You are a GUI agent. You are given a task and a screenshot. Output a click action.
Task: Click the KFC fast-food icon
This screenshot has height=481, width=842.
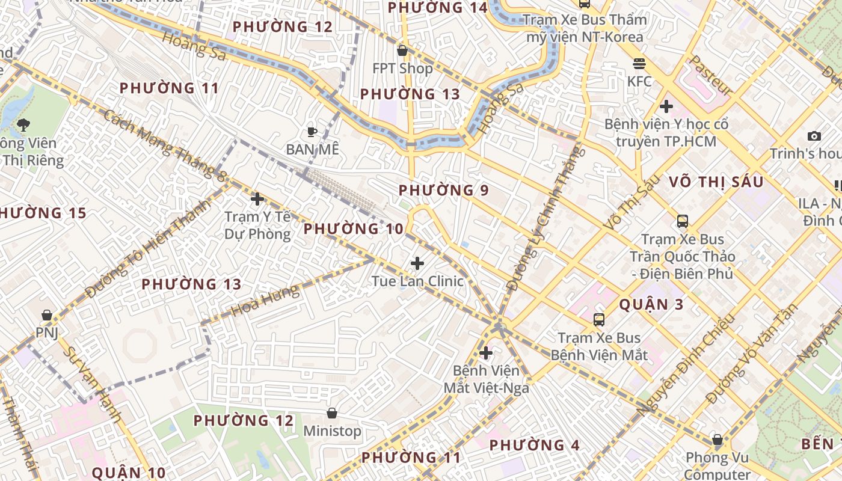(x=639, y=63)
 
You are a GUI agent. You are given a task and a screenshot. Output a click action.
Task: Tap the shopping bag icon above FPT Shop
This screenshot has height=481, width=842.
(x=402, y=51)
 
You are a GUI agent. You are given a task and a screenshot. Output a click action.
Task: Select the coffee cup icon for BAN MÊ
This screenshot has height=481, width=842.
(x=312, y=131)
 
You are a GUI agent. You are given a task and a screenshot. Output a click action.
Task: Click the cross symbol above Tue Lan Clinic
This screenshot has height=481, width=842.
(x=417, y=263)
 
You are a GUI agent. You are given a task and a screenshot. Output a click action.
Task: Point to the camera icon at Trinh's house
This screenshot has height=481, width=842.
(x=814, y=136)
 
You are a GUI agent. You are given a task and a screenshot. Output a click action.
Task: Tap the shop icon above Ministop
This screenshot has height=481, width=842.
(x=331, y=413)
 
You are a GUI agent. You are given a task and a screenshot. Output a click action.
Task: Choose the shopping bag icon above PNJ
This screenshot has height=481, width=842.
(x=46, y=315)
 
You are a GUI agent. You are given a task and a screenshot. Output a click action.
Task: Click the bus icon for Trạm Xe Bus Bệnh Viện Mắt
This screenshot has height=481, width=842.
(x=599, y=320)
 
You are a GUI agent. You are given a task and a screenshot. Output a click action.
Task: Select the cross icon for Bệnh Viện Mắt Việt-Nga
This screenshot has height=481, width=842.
(x=486, y=352)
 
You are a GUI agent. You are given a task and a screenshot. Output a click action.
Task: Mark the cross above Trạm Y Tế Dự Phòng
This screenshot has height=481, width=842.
(x=257, y=198)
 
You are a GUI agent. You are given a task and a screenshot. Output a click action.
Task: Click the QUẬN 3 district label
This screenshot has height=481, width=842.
(x=651, y=304)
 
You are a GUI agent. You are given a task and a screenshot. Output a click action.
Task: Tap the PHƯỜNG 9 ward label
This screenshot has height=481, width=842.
(x=444, y=191)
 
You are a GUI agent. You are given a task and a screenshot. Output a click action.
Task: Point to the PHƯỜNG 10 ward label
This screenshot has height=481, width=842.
(x=353, y=228)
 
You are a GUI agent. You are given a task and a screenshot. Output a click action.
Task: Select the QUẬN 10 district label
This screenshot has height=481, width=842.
(x=129, y=473)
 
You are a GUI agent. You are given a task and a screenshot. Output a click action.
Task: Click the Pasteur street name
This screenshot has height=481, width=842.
(x=710, y=75)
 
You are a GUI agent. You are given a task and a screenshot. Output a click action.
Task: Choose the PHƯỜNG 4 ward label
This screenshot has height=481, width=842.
(x=534, y=446)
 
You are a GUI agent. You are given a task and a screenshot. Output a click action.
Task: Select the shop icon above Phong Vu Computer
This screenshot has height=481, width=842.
(x=717, y=440)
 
